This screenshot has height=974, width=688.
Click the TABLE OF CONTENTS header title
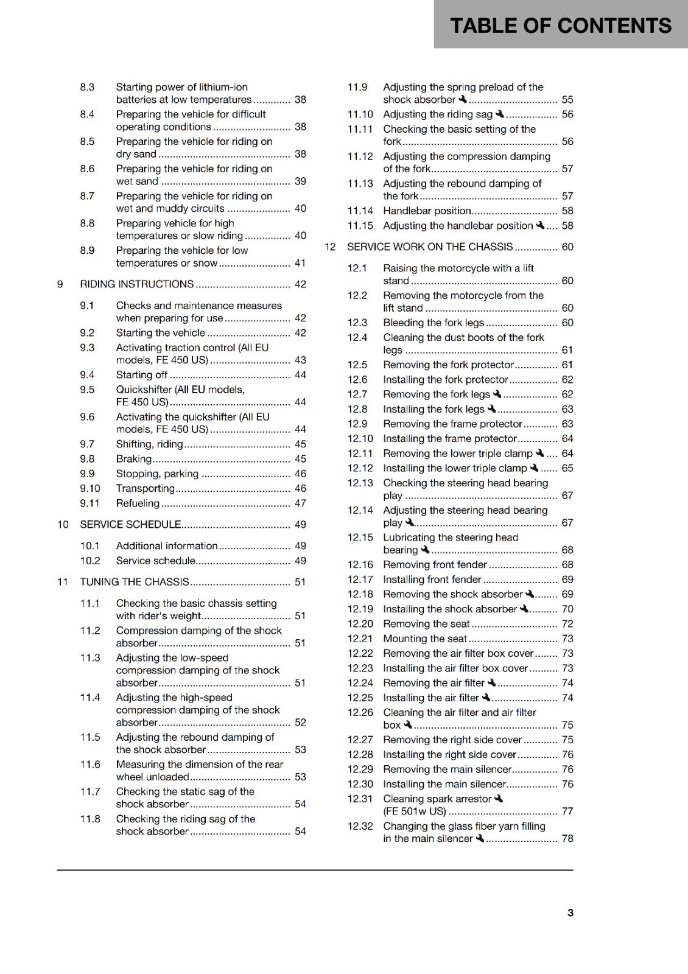(x=560, y=26)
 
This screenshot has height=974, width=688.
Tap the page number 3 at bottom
(x=570, y=913)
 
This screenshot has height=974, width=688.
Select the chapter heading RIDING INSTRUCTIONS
(x=137, y=284)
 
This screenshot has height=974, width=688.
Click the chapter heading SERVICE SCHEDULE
(x=130, y=525)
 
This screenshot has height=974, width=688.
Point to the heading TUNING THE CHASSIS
(x=135, y=582)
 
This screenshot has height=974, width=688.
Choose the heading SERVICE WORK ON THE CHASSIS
(x=430, y=247)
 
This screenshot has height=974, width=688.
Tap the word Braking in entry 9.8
(x=134, y=459)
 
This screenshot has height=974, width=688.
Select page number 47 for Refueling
(x=300, y=503)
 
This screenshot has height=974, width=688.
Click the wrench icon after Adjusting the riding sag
(x=500, y=114)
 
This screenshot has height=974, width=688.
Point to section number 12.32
(x=360, y=826)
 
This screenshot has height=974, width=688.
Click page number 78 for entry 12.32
(x=567, y=839)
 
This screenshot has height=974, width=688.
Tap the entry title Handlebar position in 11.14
(x=427, y=211)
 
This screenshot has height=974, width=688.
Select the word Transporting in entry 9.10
(x=145, y=489)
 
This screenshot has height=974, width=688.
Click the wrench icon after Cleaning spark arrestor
(x=499, y=799)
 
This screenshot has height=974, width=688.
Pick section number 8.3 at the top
(x=87, y=87)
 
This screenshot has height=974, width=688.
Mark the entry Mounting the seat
(x=425, y=639)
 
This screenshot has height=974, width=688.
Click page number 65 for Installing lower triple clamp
(x=567, y=469)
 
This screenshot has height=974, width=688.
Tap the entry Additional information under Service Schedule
(x=166, y=546)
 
